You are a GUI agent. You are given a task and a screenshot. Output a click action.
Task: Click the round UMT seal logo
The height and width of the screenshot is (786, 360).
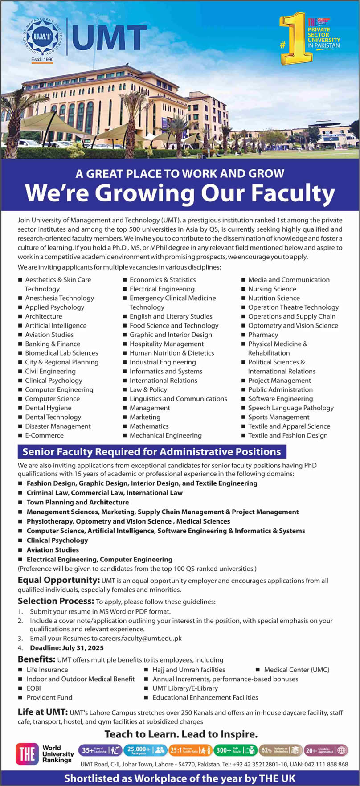pyautogui.click(x=42, y=37)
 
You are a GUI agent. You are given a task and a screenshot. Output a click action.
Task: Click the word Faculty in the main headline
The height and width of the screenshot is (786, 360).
pyautogui.click(x=292, y=193)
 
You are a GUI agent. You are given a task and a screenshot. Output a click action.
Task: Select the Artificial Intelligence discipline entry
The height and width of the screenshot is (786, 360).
pyautogui.click(x=56, y=326)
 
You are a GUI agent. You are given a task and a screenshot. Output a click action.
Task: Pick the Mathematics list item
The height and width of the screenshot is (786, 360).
pyautogui.click(x=149, y=426)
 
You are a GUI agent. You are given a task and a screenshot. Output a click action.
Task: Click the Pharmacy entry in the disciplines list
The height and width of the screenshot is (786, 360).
pyautogui.click(x=263, y=335)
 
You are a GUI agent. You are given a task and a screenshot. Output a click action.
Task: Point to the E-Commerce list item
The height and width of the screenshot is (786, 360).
pyautogui.click(x=44, y=435)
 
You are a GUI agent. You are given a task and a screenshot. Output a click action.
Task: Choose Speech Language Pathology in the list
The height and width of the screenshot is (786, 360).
pyautogui.click(x=290, y=408)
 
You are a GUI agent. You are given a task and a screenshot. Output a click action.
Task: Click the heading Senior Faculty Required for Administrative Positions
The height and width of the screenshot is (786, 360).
pyautogui.click(x=151, y=452)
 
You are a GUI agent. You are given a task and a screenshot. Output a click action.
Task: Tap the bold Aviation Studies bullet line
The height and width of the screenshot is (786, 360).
pyautogui.click(x=53, y=550)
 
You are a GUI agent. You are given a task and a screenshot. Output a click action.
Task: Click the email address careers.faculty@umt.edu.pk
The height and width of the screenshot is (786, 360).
pyautogui.click(x=140, y=638)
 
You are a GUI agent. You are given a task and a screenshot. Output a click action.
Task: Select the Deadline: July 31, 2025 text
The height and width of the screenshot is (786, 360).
pyautogui.click(x=67, y=648)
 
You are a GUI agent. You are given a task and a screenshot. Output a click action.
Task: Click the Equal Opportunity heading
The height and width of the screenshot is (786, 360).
pyautogui.click(x=58, y=580)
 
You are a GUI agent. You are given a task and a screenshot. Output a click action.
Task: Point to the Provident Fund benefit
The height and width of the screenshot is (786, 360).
pyautogui.click(x=49, y=697)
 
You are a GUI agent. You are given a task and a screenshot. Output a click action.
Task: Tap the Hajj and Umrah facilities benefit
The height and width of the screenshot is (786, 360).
pyautogui.click(x=188, y=670)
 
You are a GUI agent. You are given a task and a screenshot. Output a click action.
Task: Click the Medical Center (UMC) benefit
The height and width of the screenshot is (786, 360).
pyautogui.click(x=296, y=670)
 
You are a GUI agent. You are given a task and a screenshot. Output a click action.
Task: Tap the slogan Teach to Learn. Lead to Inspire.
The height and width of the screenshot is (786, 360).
pyautogui.click(x=181, y=734)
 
